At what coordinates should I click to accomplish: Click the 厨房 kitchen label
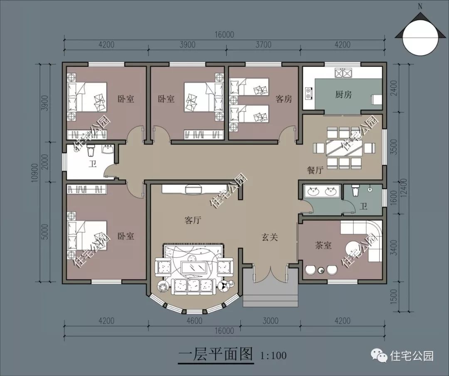pos(343,95)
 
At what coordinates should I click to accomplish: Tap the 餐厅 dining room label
pos(315,170)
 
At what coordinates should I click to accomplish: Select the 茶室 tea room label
pos(323,245)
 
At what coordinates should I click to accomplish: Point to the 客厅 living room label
pos(192,220)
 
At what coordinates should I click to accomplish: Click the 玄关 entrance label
pos(269,237)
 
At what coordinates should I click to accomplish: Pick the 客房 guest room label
pos(284,99)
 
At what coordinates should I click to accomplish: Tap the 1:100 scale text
pos(273,355)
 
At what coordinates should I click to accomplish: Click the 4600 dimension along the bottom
pos(194,321)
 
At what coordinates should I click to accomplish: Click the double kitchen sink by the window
pos(343,73)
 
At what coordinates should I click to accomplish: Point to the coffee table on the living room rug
pos(194,267)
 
